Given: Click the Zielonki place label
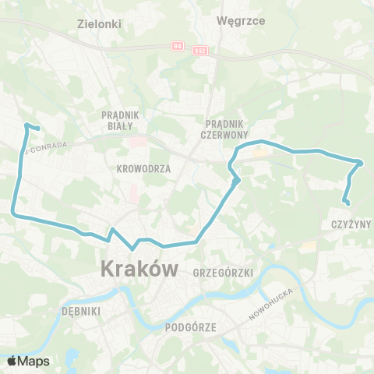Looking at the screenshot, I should tap(100, 23).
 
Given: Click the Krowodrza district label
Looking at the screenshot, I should tap(137, 168).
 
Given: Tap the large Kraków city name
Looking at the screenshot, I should tap(139, 270).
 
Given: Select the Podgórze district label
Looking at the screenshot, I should tap(190, 328).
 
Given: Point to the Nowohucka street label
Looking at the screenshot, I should tap(269, 304).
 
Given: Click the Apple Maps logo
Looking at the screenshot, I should tap(28, 361).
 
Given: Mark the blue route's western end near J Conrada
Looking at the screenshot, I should tap(38, 129).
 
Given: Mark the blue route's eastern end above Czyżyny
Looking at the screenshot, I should tap(347, 205).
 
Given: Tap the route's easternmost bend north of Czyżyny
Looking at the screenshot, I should tap(361, 163).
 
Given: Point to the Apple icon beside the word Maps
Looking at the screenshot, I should tap(12, 360).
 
